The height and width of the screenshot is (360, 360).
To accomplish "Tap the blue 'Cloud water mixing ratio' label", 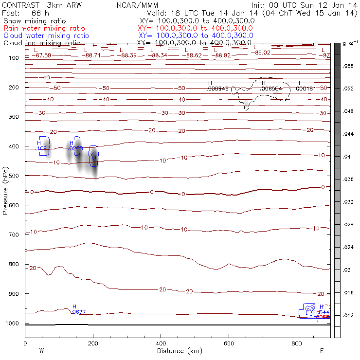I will tap(46, 36).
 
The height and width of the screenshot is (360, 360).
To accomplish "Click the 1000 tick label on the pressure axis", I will tap(12, 324).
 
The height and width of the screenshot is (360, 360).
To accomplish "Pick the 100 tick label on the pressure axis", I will tap(14, 58).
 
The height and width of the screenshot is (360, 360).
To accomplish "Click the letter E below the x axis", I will tap(322, 351).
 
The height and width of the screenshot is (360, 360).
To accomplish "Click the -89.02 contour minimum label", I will tap(262, 53).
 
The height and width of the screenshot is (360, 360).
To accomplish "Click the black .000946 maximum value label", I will tap(217, 89).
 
